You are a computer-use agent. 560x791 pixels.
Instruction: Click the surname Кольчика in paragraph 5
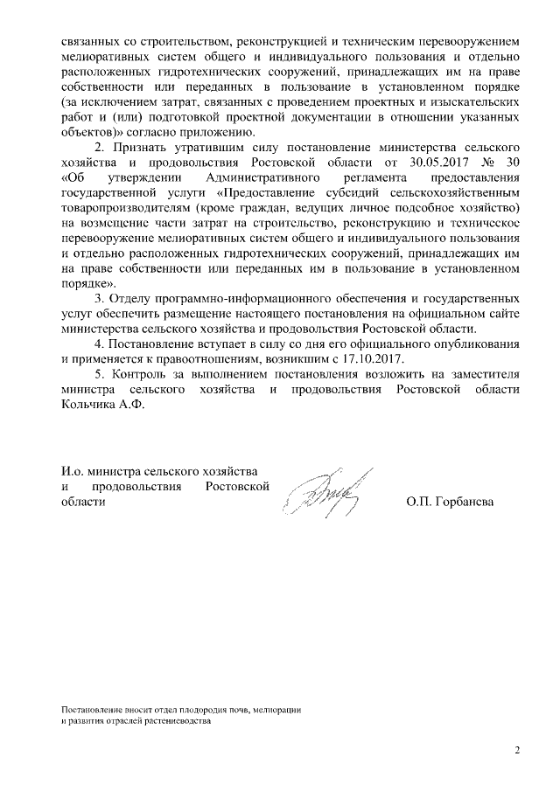point(87,405)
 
